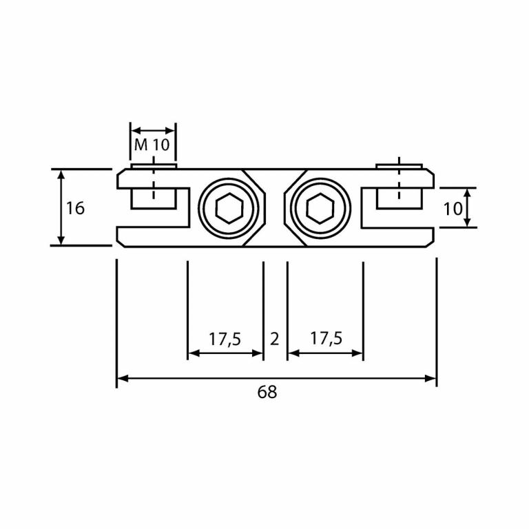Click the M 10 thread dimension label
coord(152,145)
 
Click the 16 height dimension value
coord(75,207)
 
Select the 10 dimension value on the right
coord(453,208)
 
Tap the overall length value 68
coord(267,393)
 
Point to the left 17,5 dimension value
coord(225,339)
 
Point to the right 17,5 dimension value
coord(326,339)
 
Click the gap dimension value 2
coord(275,339)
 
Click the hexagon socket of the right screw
coord(320,207)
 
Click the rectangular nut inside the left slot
coord(154,198)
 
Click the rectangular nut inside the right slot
coord(398,198)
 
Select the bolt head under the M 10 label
coord(154,165)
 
